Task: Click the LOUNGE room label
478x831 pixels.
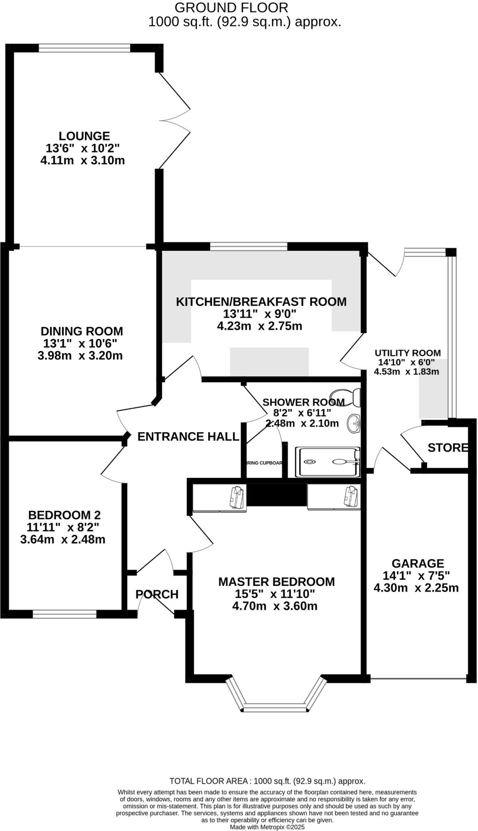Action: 84,136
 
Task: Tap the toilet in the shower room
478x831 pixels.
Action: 346,397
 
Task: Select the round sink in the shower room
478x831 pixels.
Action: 354,424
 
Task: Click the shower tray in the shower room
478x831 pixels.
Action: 327,462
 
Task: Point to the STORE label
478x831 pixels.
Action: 448,448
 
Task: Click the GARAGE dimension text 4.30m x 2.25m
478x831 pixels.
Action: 416,588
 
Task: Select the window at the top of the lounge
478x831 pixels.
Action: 84,48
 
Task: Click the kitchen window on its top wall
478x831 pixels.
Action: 248,246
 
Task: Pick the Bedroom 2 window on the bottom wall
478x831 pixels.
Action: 65,614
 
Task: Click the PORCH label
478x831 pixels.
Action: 157,594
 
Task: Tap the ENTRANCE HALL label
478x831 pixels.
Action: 188,437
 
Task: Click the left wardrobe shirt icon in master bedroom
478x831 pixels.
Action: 237,497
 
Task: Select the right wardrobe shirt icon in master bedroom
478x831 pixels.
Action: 351,496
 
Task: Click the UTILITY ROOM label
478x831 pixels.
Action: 407,353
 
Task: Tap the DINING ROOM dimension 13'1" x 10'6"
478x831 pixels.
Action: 80,344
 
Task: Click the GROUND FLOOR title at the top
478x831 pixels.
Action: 231,7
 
